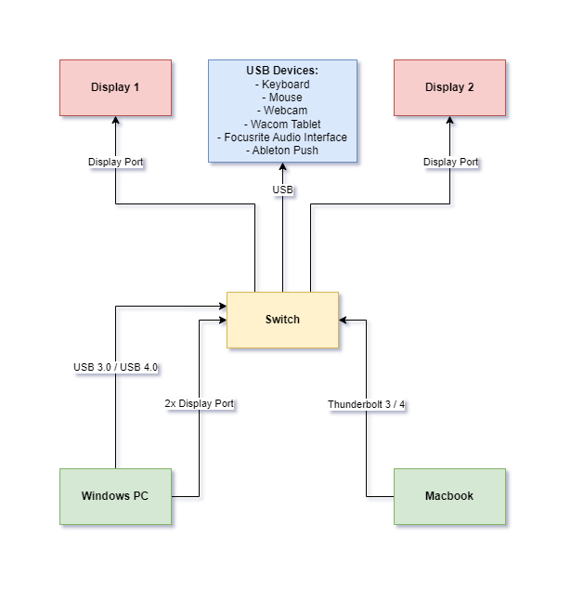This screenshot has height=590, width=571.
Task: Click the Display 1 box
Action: click(115, 88)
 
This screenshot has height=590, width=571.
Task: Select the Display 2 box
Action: click(449, 88)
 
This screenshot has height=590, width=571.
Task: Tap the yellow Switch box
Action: click(282, 320)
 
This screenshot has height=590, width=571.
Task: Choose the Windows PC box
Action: click(115, 496)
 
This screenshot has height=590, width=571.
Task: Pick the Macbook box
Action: click(449, 496)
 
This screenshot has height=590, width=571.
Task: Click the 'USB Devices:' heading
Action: click(282, 71)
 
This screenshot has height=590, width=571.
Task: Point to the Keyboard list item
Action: click(282, 85)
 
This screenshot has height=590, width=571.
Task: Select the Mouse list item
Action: click(282, 98)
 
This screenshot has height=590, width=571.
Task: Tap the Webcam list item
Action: click(282, 111)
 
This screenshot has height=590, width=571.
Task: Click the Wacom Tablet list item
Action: click(282, 124)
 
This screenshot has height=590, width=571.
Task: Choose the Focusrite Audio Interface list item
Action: click(282, 138)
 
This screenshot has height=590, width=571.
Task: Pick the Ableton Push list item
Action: click(282, 151)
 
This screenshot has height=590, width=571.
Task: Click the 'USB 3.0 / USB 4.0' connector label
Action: click(116, 367)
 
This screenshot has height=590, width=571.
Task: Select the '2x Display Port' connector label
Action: click(199, 404)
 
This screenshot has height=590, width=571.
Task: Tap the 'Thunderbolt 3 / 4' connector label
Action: click(367, 405)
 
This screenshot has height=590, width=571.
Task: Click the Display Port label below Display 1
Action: click(116, 162)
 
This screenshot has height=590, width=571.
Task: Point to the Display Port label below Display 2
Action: click(450, 162)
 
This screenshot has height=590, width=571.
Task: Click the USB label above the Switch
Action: click(282, 190)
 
